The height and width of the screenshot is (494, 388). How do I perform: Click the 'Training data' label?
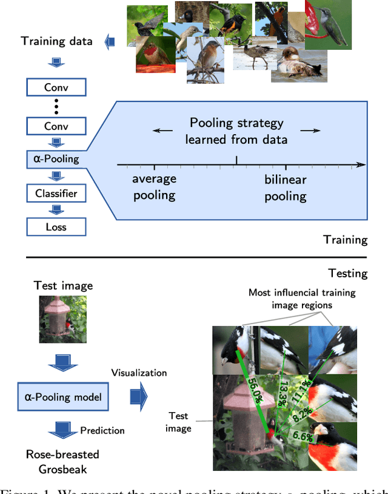(56, 41)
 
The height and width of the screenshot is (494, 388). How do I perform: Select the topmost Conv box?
(56, 87)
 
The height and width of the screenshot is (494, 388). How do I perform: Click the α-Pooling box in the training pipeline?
(56, 160)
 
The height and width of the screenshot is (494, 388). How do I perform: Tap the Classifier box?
(56, 194)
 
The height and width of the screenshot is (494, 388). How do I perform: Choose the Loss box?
(56, 227)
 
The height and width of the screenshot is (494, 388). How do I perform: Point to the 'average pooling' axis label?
(155, 188)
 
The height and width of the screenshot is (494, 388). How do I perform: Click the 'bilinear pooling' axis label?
(286, 188)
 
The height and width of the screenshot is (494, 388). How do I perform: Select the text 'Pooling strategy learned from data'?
(236, 130)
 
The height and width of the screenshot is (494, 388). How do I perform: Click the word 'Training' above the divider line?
(346, 240)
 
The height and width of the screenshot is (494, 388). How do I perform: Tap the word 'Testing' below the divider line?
(347, 274)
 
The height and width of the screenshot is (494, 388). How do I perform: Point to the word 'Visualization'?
(139, 373)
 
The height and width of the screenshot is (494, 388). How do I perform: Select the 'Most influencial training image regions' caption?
(302, 299)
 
